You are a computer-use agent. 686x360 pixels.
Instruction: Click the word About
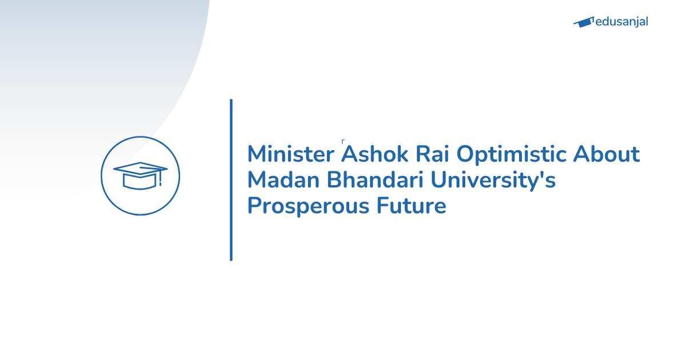tap(607, 155)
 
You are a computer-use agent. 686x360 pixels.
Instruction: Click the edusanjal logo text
tap(621, 22)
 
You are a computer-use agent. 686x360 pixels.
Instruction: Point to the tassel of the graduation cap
tap(161, 179)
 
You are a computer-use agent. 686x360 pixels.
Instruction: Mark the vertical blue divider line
tap(231, 180)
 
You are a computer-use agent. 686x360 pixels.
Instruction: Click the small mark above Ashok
tap(342, 140)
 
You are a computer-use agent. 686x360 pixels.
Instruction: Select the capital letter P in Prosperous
tap(254, 206)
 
